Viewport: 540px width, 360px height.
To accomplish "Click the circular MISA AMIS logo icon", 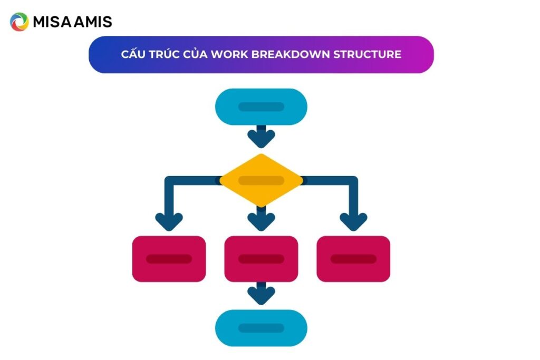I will [20, 22].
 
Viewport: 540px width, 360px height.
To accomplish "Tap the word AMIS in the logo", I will [95, 22].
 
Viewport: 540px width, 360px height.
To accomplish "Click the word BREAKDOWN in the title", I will [283, 54].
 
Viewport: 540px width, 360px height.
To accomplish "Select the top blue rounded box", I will [261, 106].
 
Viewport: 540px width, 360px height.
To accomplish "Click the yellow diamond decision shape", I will [261, 180].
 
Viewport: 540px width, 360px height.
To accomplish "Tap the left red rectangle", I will [169, 259].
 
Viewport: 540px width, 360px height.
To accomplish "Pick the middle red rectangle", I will [261, 259].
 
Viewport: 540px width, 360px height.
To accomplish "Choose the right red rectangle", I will [353, 259].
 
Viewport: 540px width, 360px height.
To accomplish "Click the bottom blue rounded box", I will [261, 328].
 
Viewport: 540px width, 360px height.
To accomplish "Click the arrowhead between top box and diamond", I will [261, 139].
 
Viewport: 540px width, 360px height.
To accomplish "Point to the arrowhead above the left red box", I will [169, 221].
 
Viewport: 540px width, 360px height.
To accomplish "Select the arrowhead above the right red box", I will [353, 221].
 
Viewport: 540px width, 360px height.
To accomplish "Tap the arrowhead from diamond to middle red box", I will [261, 221].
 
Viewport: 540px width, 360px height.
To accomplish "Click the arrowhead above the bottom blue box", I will [261, 296].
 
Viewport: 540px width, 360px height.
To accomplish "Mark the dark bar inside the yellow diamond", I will [261, 181].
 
